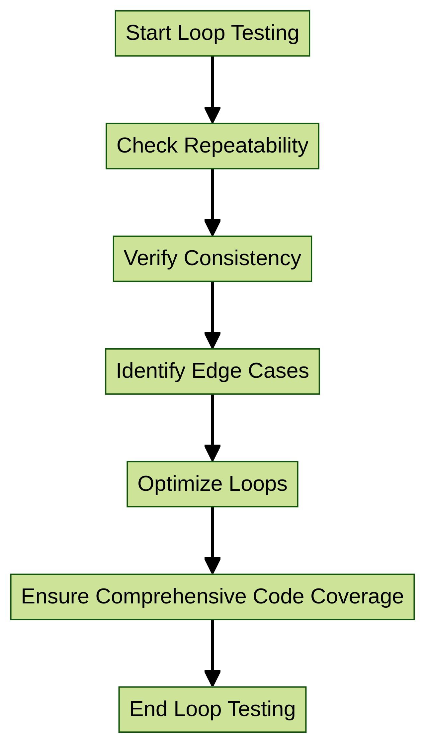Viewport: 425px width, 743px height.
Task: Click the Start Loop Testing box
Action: (212, 33)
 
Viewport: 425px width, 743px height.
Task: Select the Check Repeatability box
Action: (212, 146)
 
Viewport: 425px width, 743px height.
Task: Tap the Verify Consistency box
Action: (212, 259)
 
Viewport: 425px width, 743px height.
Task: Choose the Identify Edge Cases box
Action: (212, 371)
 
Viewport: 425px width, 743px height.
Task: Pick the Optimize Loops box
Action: (212, 484)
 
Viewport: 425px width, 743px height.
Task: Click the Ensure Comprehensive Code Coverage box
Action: (212, 597)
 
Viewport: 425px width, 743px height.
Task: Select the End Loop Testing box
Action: (212, 709)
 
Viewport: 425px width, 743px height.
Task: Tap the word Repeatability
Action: (246, 146)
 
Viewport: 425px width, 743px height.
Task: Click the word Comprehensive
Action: (171, 597)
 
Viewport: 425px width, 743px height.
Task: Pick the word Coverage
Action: (357, 597)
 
